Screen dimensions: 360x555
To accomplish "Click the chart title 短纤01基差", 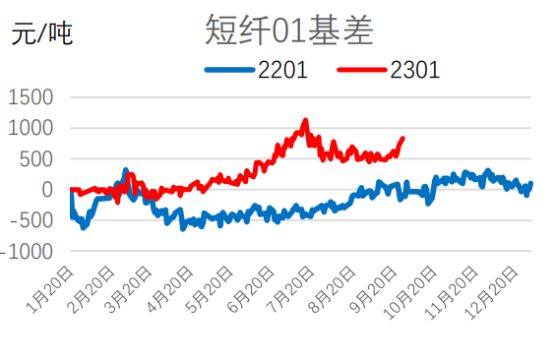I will [x=289, y=31].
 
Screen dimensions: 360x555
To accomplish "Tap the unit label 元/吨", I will [x=41, y=36].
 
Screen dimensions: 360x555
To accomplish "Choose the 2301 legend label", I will [x=414, y=70].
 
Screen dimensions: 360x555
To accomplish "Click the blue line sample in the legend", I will [x=229, y=70].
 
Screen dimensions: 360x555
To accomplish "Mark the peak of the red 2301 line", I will [x=305, y=121].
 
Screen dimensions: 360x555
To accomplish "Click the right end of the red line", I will [x=402, y=139].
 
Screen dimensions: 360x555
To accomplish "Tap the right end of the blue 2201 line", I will [x=530, y=183].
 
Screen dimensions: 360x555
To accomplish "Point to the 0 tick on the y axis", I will [x=45, y=190].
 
